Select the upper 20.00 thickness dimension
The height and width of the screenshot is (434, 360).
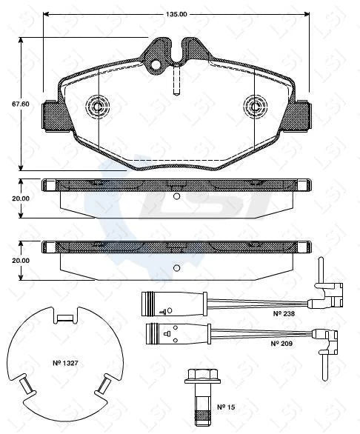(x=20, y=198)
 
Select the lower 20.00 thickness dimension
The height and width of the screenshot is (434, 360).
(x=20, y=261)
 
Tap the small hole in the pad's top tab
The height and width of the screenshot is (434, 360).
(x=156, y=65)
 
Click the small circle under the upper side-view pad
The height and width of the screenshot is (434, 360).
(x=176, y=196)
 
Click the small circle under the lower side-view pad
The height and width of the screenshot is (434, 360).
(x=176, y=268)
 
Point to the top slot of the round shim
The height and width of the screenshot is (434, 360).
(x=65, y=318)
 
